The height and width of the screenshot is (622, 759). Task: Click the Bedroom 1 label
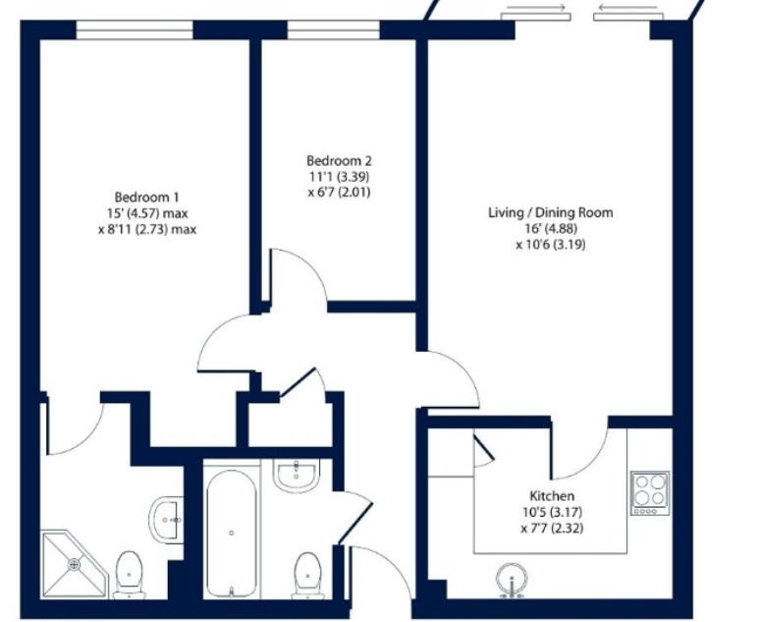pyautogui.click(x=146, y=198)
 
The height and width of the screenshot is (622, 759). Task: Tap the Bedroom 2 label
pyautogui.click(x=339, y=160)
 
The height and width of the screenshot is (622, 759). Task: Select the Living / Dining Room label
pyautogui.click(x=551, y=212)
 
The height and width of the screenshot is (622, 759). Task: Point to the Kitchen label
pyautogui.click(x=552, y=496)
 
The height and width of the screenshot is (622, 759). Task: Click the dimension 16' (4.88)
pyautogui.click(x=552, y=228)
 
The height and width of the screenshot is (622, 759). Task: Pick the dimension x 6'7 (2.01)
pyautogui.click(x=339, y=193)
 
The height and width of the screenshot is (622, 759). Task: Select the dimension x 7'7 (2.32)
pyautogui.click(x=552, y=528)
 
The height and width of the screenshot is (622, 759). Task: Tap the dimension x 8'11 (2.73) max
pyautogui.click(x=147, y=229)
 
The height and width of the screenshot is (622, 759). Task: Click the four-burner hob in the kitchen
pyautogui.click(x=650, y=493)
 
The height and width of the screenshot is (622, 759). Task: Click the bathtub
pyautogui.click(x=232, y=534)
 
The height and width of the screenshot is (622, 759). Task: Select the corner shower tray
pyautogui.click(x=74, y=563)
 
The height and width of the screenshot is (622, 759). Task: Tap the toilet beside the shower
pyautogui.click(x=130, y=575)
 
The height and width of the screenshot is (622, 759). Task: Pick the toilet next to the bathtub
pyautogui.click(x=307, y=576)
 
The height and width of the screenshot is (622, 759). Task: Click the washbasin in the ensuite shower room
pyautogui.click(x=166, y=520)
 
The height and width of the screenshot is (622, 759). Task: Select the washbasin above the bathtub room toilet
pyautogui.click(x=296, y=474)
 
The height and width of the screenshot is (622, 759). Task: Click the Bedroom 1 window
pyautogui.click(x=135, y=30)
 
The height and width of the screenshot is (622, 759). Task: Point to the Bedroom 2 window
pyautogui.click(x=334, y=30)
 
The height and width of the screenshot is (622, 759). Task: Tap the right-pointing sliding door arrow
pyautogui.click(x=536, y=7)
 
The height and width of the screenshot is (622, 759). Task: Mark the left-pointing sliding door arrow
pyautogui.click(x=627, y=7)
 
